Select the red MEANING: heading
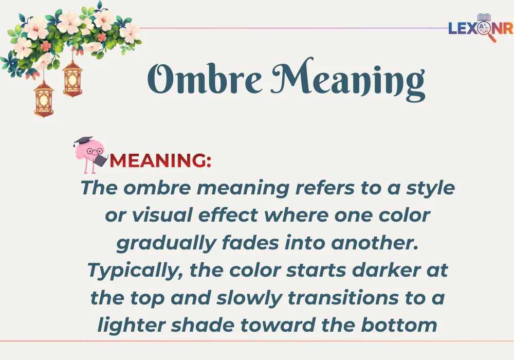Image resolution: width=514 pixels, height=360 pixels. click(x=161, y=161)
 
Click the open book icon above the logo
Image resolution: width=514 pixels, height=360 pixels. click(x=484, y=18)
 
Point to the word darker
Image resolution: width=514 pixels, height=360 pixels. click(x=381, y=270)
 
